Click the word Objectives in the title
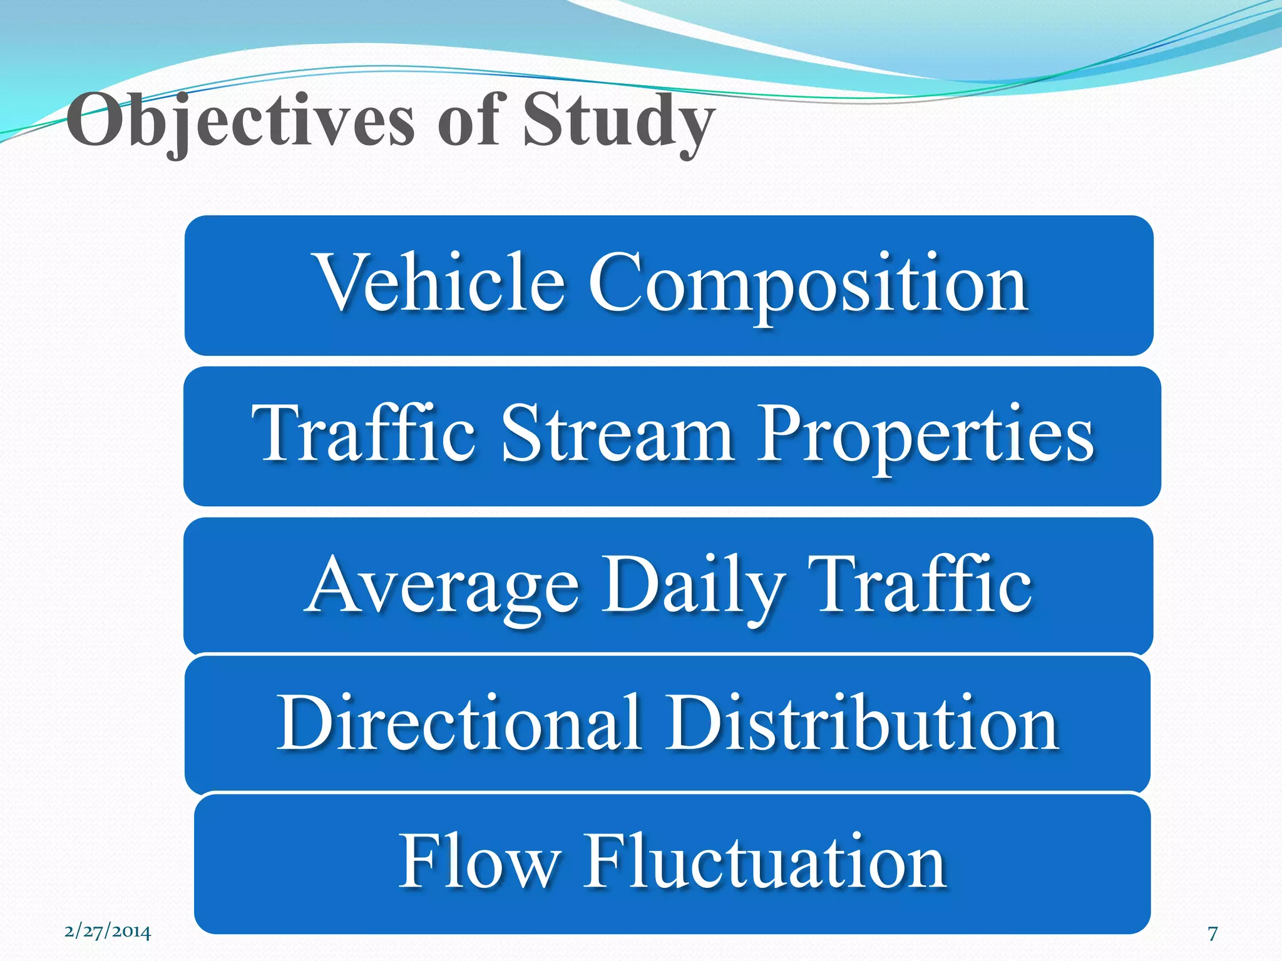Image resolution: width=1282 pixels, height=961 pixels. tap(241, 120)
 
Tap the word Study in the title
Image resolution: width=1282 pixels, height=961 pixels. tap(618, 120)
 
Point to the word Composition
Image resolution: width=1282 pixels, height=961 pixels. tap(808, 285)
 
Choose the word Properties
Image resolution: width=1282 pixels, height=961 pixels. tap(925, 435)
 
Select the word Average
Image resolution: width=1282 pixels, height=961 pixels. tap(443, 587)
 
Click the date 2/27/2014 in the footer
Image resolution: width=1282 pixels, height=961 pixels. tap(108, 932)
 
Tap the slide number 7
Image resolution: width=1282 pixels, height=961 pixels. tap(1213, 933)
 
